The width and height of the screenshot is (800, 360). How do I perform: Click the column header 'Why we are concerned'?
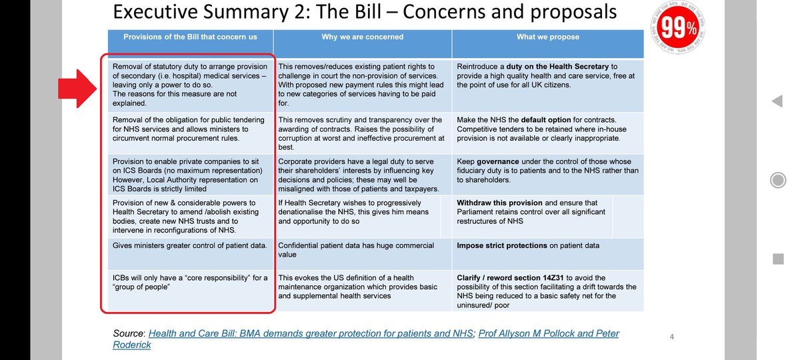pyautogui.click(x=362, y=37)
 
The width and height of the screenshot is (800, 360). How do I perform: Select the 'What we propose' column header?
pyautogui.click(x=547, y=37)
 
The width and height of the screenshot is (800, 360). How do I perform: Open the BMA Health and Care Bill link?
pyautogui.click(x=310, y=333)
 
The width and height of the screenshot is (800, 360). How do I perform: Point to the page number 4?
pyautogui.click(x=672, y=337)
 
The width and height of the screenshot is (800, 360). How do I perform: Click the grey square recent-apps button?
pyautogui.click(x=777, y=258)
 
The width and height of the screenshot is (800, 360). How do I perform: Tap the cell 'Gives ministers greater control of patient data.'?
pyautogui.click(x=189, y=245)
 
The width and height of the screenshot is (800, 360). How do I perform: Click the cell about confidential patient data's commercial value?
pyautogui.click(x=362, y=249)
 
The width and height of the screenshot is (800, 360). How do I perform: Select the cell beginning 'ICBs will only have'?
pyautogui.click(x=189, y=282)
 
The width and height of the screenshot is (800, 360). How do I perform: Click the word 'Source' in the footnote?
pyautogui.click(x=128, y=333)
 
